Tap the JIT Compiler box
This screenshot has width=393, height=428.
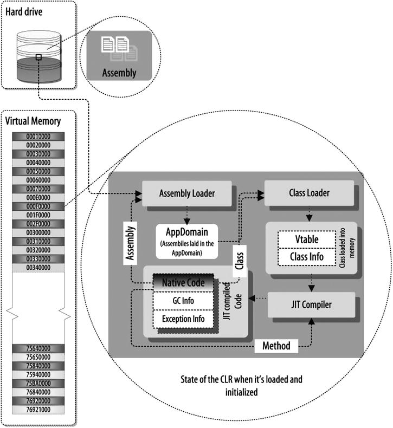pyautogui.click(x=311, y=304)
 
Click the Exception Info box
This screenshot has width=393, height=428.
pyautogui.click(x=181, y=319)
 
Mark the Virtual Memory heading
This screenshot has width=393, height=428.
pyautogui.click(x=33, y=121)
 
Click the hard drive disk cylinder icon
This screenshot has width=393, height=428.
pyautogui.click(x=37, y=56)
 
